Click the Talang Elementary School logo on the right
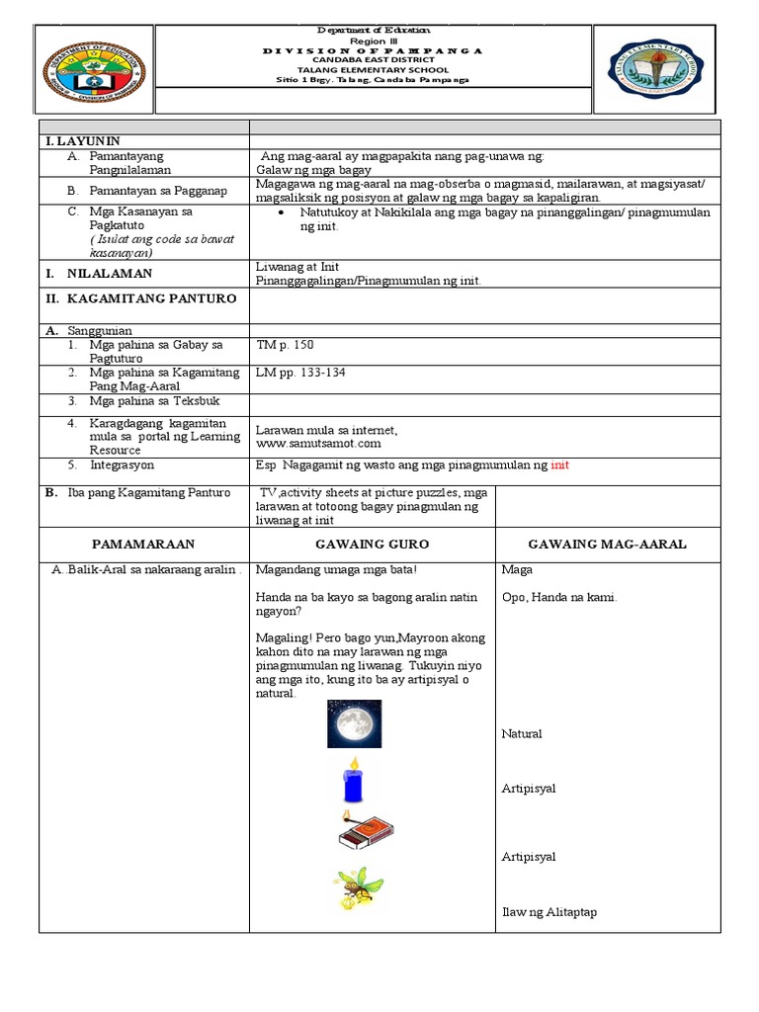tap(656, 69)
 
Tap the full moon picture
tap(354, 725)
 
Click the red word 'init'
tap(560, 464)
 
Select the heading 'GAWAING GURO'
tap(371, 545)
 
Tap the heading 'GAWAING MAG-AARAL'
tap(607, 545)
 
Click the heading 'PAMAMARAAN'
tap(143, 545)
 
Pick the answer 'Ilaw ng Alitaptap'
tap(548, 912)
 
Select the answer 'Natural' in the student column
tap(522, 733)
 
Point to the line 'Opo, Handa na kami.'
tap(559, 597)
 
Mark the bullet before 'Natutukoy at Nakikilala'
tap(283, 212)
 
